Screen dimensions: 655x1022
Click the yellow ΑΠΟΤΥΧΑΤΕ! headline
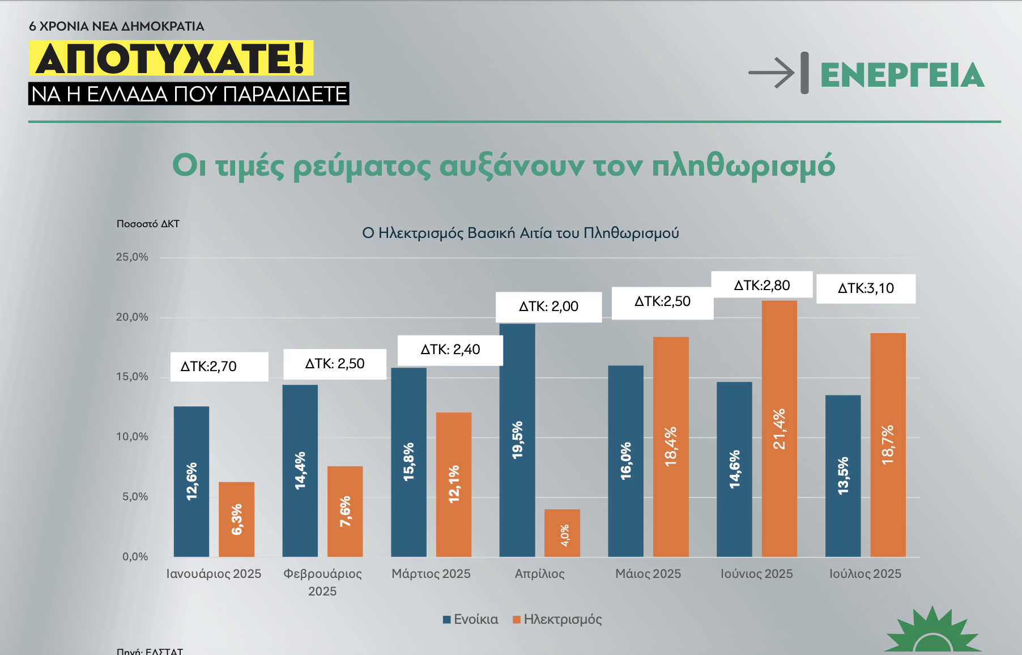[x=171, y=58]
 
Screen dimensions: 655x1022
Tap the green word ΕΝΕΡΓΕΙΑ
[x=902, y=75]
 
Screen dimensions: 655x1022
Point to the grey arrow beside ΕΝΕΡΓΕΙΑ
[x=772, y=73]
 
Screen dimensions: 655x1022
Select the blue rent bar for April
[x=517, y=440]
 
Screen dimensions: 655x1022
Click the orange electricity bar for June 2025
[x=779, y=428]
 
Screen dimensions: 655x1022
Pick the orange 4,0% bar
[x=562, y=533]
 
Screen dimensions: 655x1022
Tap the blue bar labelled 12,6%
[x=191, y=481]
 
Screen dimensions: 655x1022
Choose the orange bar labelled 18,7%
[x=888, y=445]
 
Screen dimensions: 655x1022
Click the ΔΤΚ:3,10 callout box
[x=866, y=288]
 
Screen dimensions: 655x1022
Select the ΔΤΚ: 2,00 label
[x=548, y=307]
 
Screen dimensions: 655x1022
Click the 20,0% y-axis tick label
[x=132, y=317]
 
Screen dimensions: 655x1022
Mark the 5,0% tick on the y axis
[x=135, y=497]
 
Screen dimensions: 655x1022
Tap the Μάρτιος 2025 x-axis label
[x=431, y=574]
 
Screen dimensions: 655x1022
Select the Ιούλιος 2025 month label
[x=865, y=574]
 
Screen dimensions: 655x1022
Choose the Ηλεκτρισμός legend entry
[x=557, y=619]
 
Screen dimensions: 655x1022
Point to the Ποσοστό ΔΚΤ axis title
[x=148, y=224]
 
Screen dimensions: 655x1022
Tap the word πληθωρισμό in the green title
[x=743, y=165]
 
